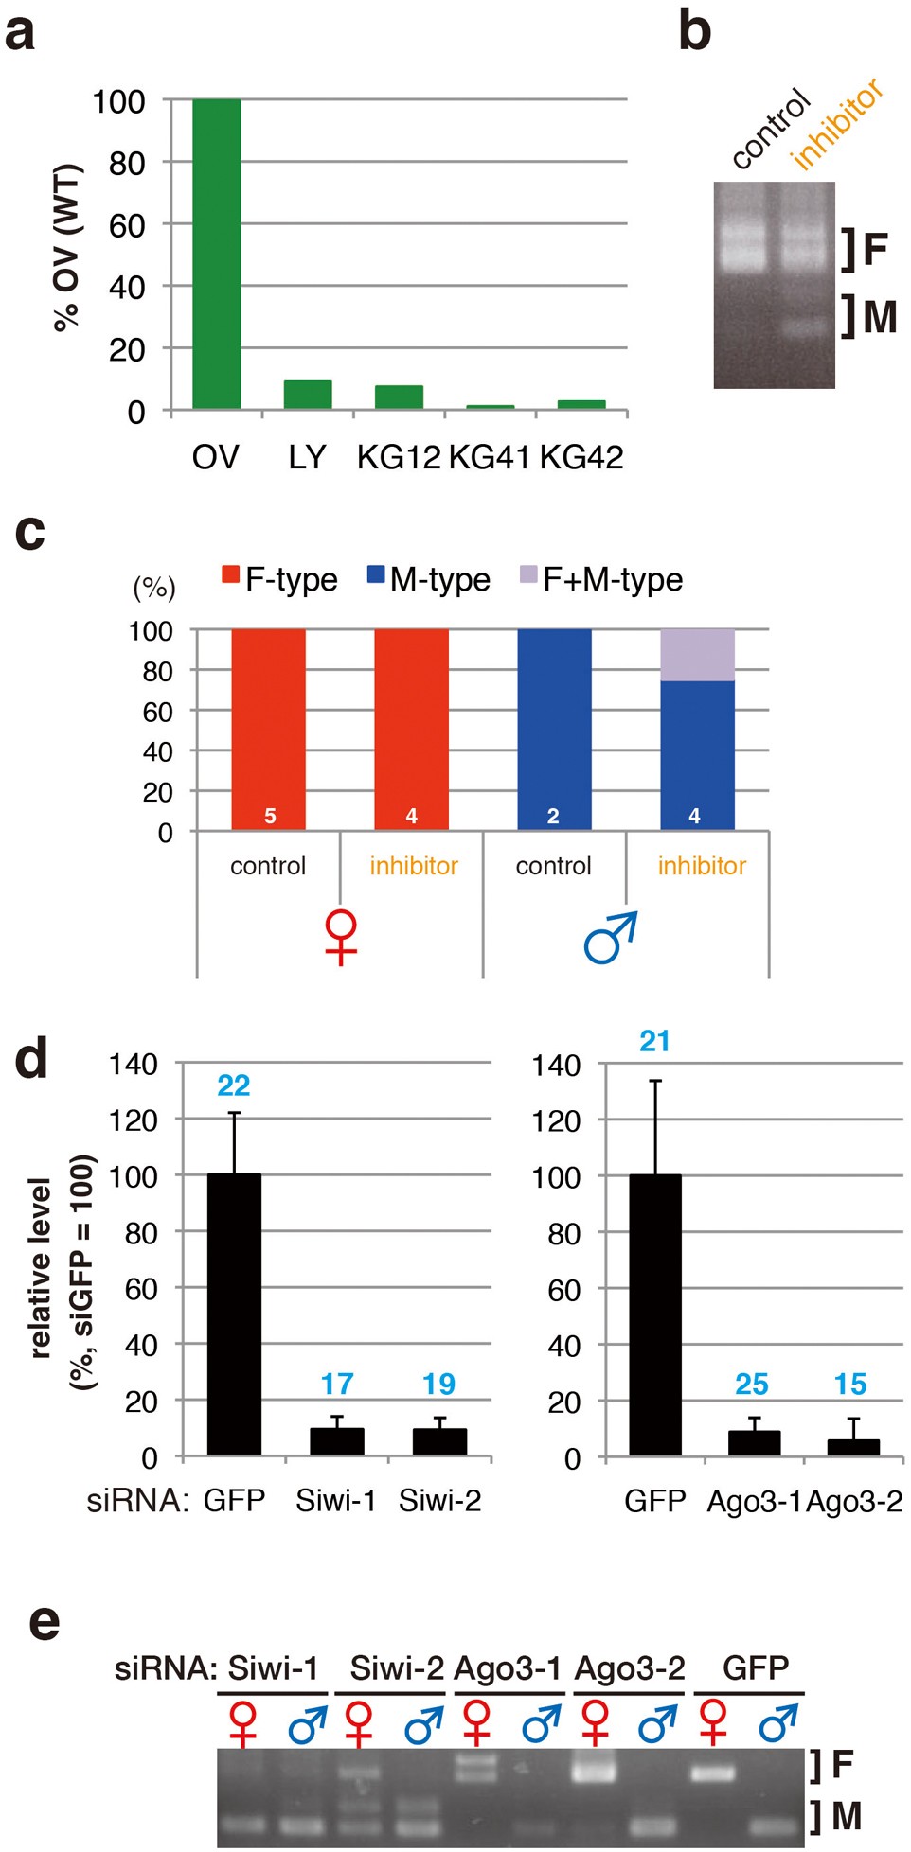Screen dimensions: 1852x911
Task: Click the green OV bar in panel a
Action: (x=216, y=254)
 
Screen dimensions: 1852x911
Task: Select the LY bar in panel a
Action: (x=308, y=395)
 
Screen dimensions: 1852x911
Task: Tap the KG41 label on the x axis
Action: (x=489, y=457)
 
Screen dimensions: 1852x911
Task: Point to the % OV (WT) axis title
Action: (x=67, y=249)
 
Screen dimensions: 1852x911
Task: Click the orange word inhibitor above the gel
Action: (x=837, y=124)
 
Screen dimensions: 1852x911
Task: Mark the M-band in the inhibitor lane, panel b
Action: (x=806, y=327)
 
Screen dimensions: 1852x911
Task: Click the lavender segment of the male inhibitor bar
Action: (x=697, y=655)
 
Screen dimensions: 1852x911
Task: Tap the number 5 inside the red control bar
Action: (x=270, y=816)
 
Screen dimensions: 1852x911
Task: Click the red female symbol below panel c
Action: (x=341, y=937)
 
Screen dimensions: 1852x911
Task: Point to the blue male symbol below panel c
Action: (x=611, y=937)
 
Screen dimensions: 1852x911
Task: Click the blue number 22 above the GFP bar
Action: (x=234, y=1085)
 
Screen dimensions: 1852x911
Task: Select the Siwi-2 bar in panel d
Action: (x=439, y=1440)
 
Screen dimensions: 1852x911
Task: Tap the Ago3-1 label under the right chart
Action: (x=754, y=1502)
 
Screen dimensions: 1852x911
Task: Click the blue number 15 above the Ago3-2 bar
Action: (x=850, y=1385)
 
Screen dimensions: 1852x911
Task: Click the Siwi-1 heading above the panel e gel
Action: (x=273, y=1667)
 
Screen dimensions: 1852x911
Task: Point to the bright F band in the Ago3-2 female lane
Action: (x=594, y=1768)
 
